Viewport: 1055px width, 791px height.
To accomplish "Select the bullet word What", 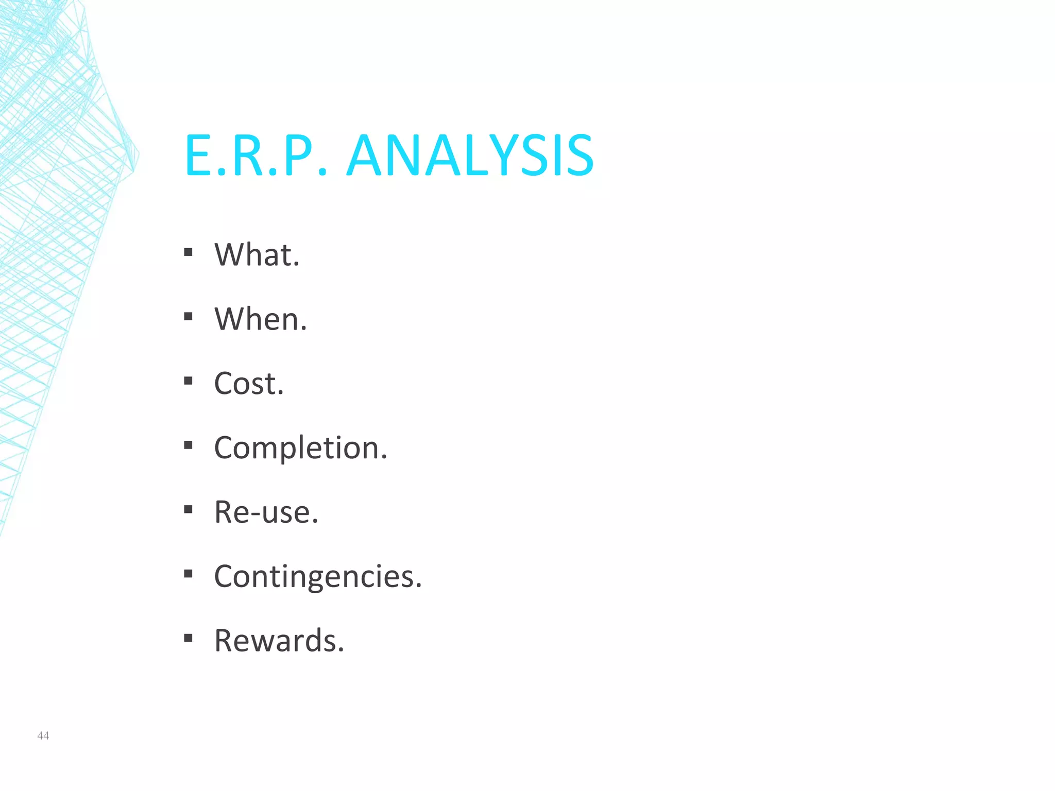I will [x=257, y=254].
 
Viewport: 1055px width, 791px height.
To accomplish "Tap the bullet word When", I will [x=261, y=319].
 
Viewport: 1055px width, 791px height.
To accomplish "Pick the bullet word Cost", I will [x=249, y=383].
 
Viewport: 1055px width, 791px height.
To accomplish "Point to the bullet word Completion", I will [x=300, y=448].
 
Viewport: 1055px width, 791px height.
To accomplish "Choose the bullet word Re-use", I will [x=266, y=512].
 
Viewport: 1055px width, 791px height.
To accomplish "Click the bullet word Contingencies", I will [x=318, y=576].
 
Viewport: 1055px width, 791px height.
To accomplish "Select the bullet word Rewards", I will [x=279, y=641].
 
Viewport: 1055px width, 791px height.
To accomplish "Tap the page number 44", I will [x=43, y=736].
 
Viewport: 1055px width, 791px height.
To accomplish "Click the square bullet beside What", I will [x=188, y=252].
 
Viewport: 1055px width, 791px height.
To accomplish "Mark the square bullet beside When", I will [x=188, y=317].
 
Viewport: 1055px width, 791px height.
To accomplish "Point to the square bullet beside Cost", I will [x=188, y=381].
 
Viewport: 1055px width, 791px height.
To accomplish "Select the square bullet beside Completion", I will [x=188, y=445].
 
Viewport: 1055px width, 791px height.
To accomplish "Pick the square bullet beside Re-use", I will [x=188, y=509].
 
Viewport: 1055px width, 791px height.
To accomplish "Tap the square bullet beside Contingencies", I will [x=188, y=574].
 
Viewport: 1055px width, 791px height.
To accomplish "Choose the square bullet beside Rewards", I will [x=188, y=638].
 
